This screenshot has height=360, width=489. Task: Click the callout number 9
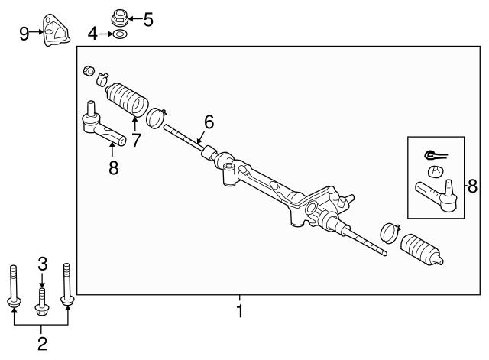pyautogui.click(x=24, y=34)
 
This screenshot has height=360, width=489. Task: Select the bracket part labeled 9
pyautogui.click(x=56, y=31)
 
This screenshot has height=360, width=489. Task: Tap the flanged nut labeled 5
pyautogui.click(x=120, y=18)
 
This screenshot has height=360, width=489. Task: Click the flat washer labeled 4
pyautogui.click(x=118, y=34)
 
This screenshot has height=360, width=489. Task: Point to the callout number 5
pyautogui.click(x=148, y=20)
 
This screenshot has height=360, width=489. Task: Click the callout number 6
pyautogui.click(x=209, y=122)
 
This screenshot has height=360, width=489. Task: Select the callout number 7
pyautogui.click(x=136, y=140)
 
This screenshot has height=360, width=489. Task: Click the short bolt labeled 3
pyautogui.click(x=43, y=302)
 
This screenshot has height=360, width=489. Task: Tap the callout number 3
pyautogui.click(x=43, y=264)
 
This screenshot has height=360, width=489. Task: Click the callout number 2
pyautogui.click(x=42, y=343)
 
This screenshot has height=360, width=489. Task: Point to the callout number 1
pyautogui.click(x=239, y=311)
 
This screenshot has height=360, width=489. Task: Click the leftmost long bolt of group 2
pyautogui.click(x=14, y=286)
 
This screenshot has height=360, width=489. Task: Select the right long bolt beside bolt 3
pyautogui.click(x=67, y=284)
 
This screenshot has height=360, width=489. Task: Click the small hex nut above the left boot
pyautogui.click(x=89, y=71)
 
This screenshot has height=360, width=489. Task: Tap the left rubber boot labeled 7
pyautogui.click(x=127, y=99)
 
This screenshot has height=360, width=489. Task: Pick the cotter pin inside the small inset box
pyautogui.click(x=436, y=154)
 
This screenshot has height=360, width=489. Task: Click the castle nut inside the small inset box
pyautogui.click(x=436, y=171)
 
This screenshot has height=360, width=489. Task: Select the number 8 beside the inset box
pyautogui.click(x=472, y=186)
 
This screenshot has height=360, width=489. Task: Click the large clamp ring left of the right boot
pyautogui.click(x=390, y=232)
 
